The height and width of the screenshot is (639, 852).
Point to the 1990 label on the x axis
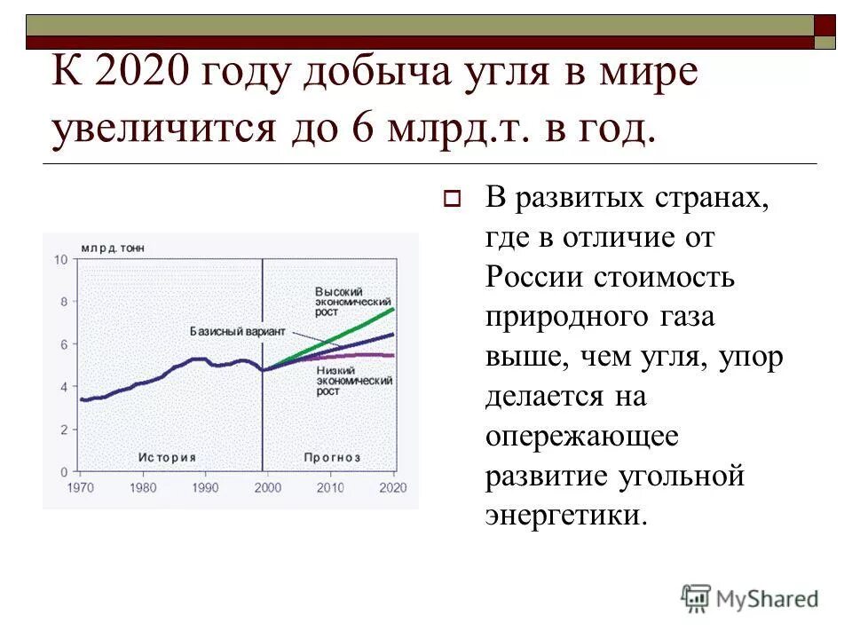tap(205, 488)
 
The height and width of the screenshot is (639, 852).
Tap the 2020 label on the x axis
tap(392, 488)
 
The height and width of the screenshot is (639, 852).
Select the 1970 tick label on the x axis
tap(80, 488)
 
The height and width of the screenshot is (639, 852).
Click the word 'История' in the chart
tap(167, 457)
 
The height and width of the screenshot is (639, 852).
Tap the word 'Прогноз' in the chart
tap(332, 457)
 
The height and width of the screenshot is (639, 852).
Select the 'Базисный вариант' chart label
tap(237, 330)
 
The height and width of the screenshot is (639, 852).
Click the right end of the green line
tap(393, 309)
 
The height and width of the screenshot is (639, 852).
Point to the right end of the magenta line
tap(394, 356)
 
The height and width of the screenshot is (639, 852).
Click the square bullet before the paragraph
tap(449, 200)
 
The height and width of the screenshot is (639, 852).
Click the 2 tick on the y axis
tap(62, 429)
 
